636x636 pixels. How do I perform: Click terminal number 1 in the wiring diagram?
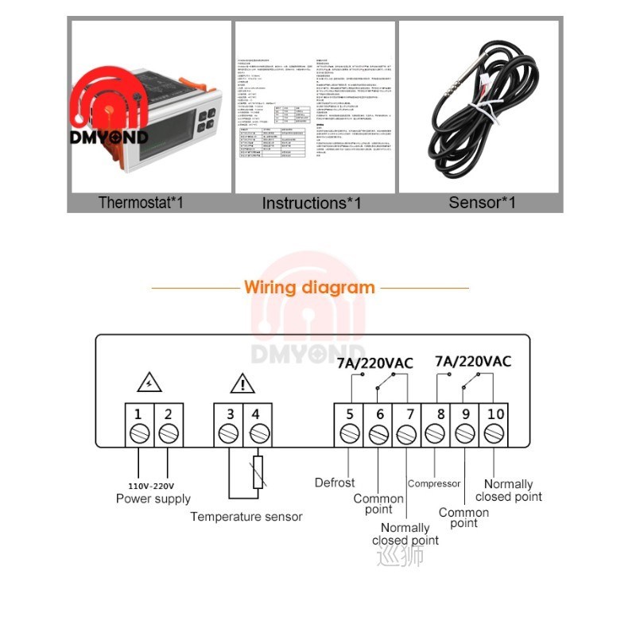pyautogui.click(x=138, y=414)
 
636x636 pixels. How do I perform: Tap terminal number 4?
pyautogui.click(x=256, y=414)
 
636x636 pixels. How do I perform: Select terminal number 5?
pyautogui.click(x=349, y=414)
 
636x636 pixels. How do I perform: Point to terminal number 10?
pyautogui.click(x=494, y=414)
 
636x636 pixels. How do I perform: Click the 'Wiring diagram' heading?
pyautogui.click(x=309, y=288)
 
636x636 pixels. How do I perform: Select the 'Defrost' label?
pyautogui.click(x=335, y=483)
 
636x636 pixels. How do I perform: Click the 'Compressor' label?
pyautogui.click(x=434, y=483)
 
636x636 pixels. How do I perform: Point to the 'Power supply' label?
pyautogui.click(x=153, y=498)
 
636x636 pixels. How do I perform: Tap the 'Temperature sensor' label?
pyautogui.click(x=246, y=517)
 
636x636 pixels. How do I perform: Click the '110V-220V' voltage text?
pyautogui.click(x=151, y=485)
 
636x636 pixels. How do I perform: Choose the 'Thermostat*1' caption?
pyautogui.click(x=141, y=202)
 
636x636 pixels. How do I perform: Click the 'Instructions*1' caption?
pyautogui.click(x=312, y=203)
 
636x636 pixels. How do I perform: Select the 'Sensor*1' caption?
pyautogui.click(x=483, y=202)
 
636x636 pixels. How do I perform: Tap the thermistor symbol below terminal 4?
pyautogui.click(x=257, y=473)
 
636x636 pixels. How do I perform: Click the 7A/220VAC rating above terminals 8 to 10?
pyautogui.click(x=473, y=361)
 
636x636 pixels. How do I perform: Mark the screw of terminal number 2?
pyautogui.click(x=168, y=434)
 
